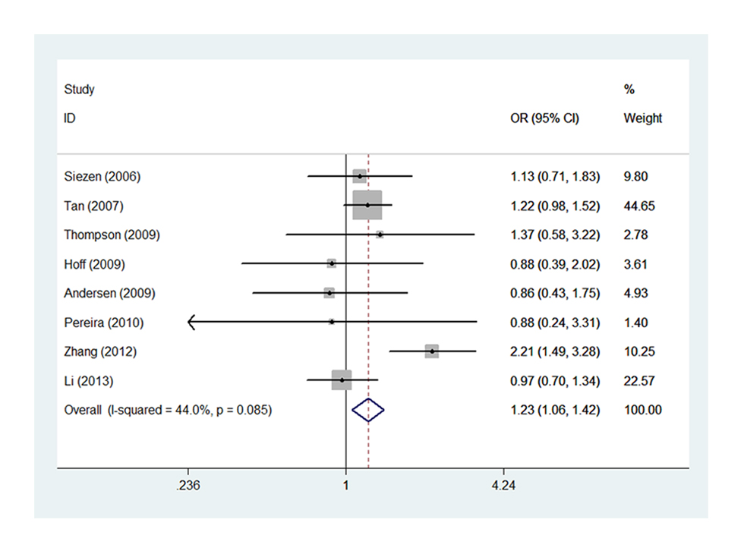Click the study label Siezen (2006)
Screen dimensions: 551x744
click(102, 177)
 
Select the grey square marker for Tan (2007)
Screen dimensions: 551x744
click(367, 205)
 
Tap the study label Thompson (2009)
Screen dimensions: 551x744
click(112, 235)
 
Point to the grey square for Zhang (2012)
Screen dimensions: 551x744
click(432, 351)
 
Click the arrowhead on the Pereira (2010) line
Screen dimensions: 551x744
click(191, 322)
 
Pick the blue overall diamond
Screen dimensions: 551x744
click(368, 411)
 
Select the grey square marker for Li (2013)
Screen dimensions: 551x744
click(342, 379)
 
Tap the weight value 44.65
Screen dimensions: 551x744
click(638, 206)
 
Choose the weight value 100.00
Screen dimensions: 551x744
click(642, 411)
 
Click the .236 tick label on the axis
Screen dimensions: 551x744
click(187, 486)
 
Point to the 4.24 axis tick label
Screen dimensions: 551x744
click(503, 486)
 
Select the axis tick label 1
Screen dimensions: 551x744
click(345, 486)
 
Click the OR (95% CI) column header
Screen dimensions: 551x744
click(544, 118)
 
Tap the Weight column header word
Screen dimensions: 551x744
click(642, 118)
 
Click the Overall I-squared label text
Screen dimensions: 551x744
click(169, 411)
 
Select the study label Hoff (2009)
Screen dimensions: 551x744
click(95, 264)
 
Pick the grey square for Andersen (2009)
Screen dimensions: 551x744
click(329, 293)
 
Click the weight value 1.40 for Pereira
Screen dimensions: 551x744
click(635, 323)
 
